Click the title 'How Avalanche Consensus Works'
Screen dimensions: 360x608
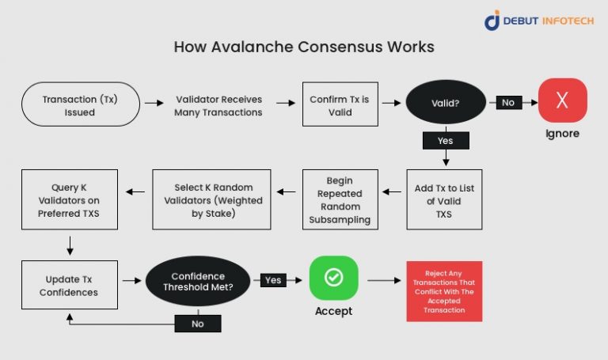click(x=304, y=47)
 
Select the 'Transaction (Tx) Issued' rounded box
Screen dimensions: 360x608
click(x=80, y=105)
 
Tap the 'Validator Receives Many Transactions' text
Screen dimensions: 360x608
click(x=218, y=106)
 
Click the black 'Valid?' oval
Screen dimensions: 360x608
click(x=445, y=103)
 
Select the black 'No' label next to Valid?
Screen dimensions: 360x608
click(x=507, y=102)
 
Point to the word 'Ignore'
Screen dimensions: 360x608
click(x=562, y=134)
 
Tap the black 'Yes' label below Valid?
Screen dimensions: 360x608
click(x=445, y=140)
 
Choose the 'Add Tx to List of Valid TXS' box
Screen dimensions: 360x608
click(x=444, y=199)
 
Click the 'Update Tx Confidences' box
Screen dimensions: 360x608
click(x=69, y=285)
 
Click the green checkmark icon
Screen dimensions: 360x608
click(x=333, y=279)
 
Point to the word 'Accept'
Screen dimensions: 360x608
click(x=333, y=311)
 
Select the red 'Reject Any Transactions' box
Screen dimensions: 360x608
click(x=444, y=290)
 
